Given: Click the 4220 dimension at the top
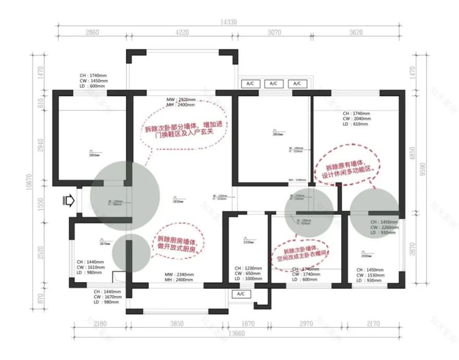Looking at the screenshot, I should pyautogui.click(x=181, y=32).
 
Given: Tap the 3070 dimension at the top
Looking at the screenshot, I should pyautogui.click(x=274, y=32).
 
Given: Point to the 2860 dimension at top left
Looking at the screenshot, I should pyautogui.click(x=91, y=32).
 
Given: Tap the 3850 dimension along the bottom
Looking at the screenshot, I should pyautogui.click(x=176, y=324).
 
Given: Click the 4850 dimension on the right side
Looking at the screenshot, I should pyautogui.click(x=413, y=151).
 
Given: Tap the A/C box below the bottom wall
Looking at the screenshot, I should pyautogui.click(x=241, y=294).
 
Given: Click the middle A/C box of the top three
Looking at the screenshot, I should pyautogui.click(x=274, y=83).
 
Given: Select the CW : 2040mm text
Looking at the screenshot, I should pyautogui.click(x=357, y=119).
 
